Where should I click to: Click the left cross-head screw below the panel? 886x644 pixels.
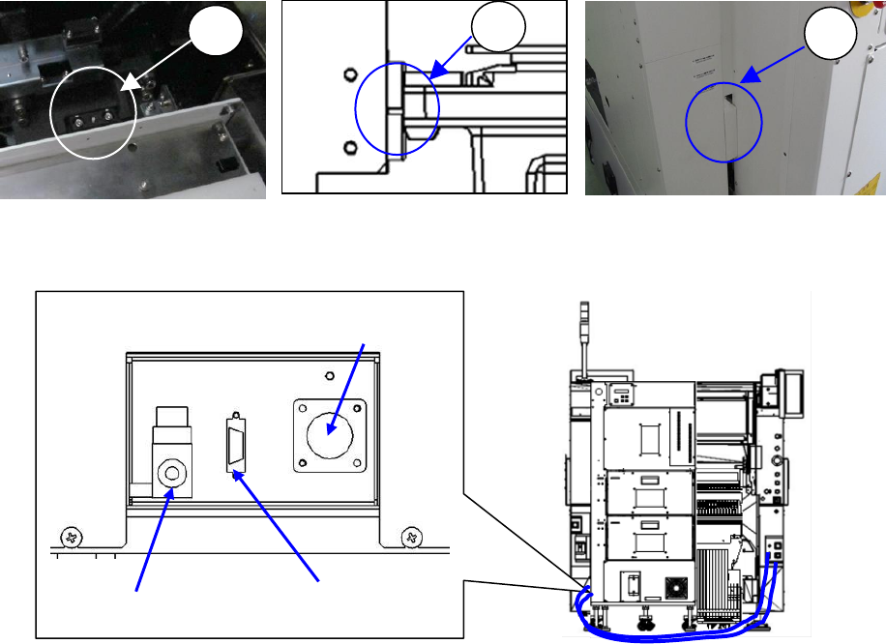pyautogui.click(x=71, y=536)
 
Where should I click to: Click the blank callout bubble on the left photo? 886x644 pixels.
pyautogui.click(x=213, y=38)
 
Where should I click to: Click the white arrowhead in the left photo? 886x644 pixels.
pyautogui.click(x=127, y=85)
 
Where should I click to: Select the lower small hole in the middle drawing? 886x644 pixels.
pyautogui.click(x=350, y=146)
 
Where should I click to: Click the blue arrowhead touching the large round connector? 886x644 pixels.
pyautogui.click(x=333, y=423)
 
